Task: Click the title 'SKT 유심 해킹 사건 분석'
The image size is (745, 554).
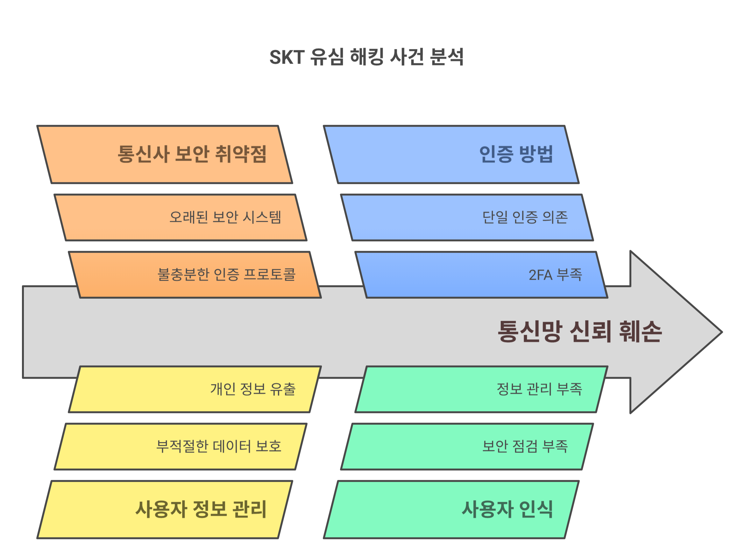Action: (366, 57)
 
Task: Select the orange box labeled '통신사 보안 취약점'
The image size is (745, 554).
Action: (164, 155)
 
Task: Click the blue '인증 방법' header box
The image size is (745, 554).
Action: (451, 155)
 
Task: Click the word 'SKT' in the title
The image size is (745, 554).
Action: (287, 57)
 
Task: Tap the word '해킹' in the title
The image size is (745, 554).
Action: (366, 57)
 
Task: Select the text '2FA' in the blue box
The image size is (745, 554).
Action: (540, 275)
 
